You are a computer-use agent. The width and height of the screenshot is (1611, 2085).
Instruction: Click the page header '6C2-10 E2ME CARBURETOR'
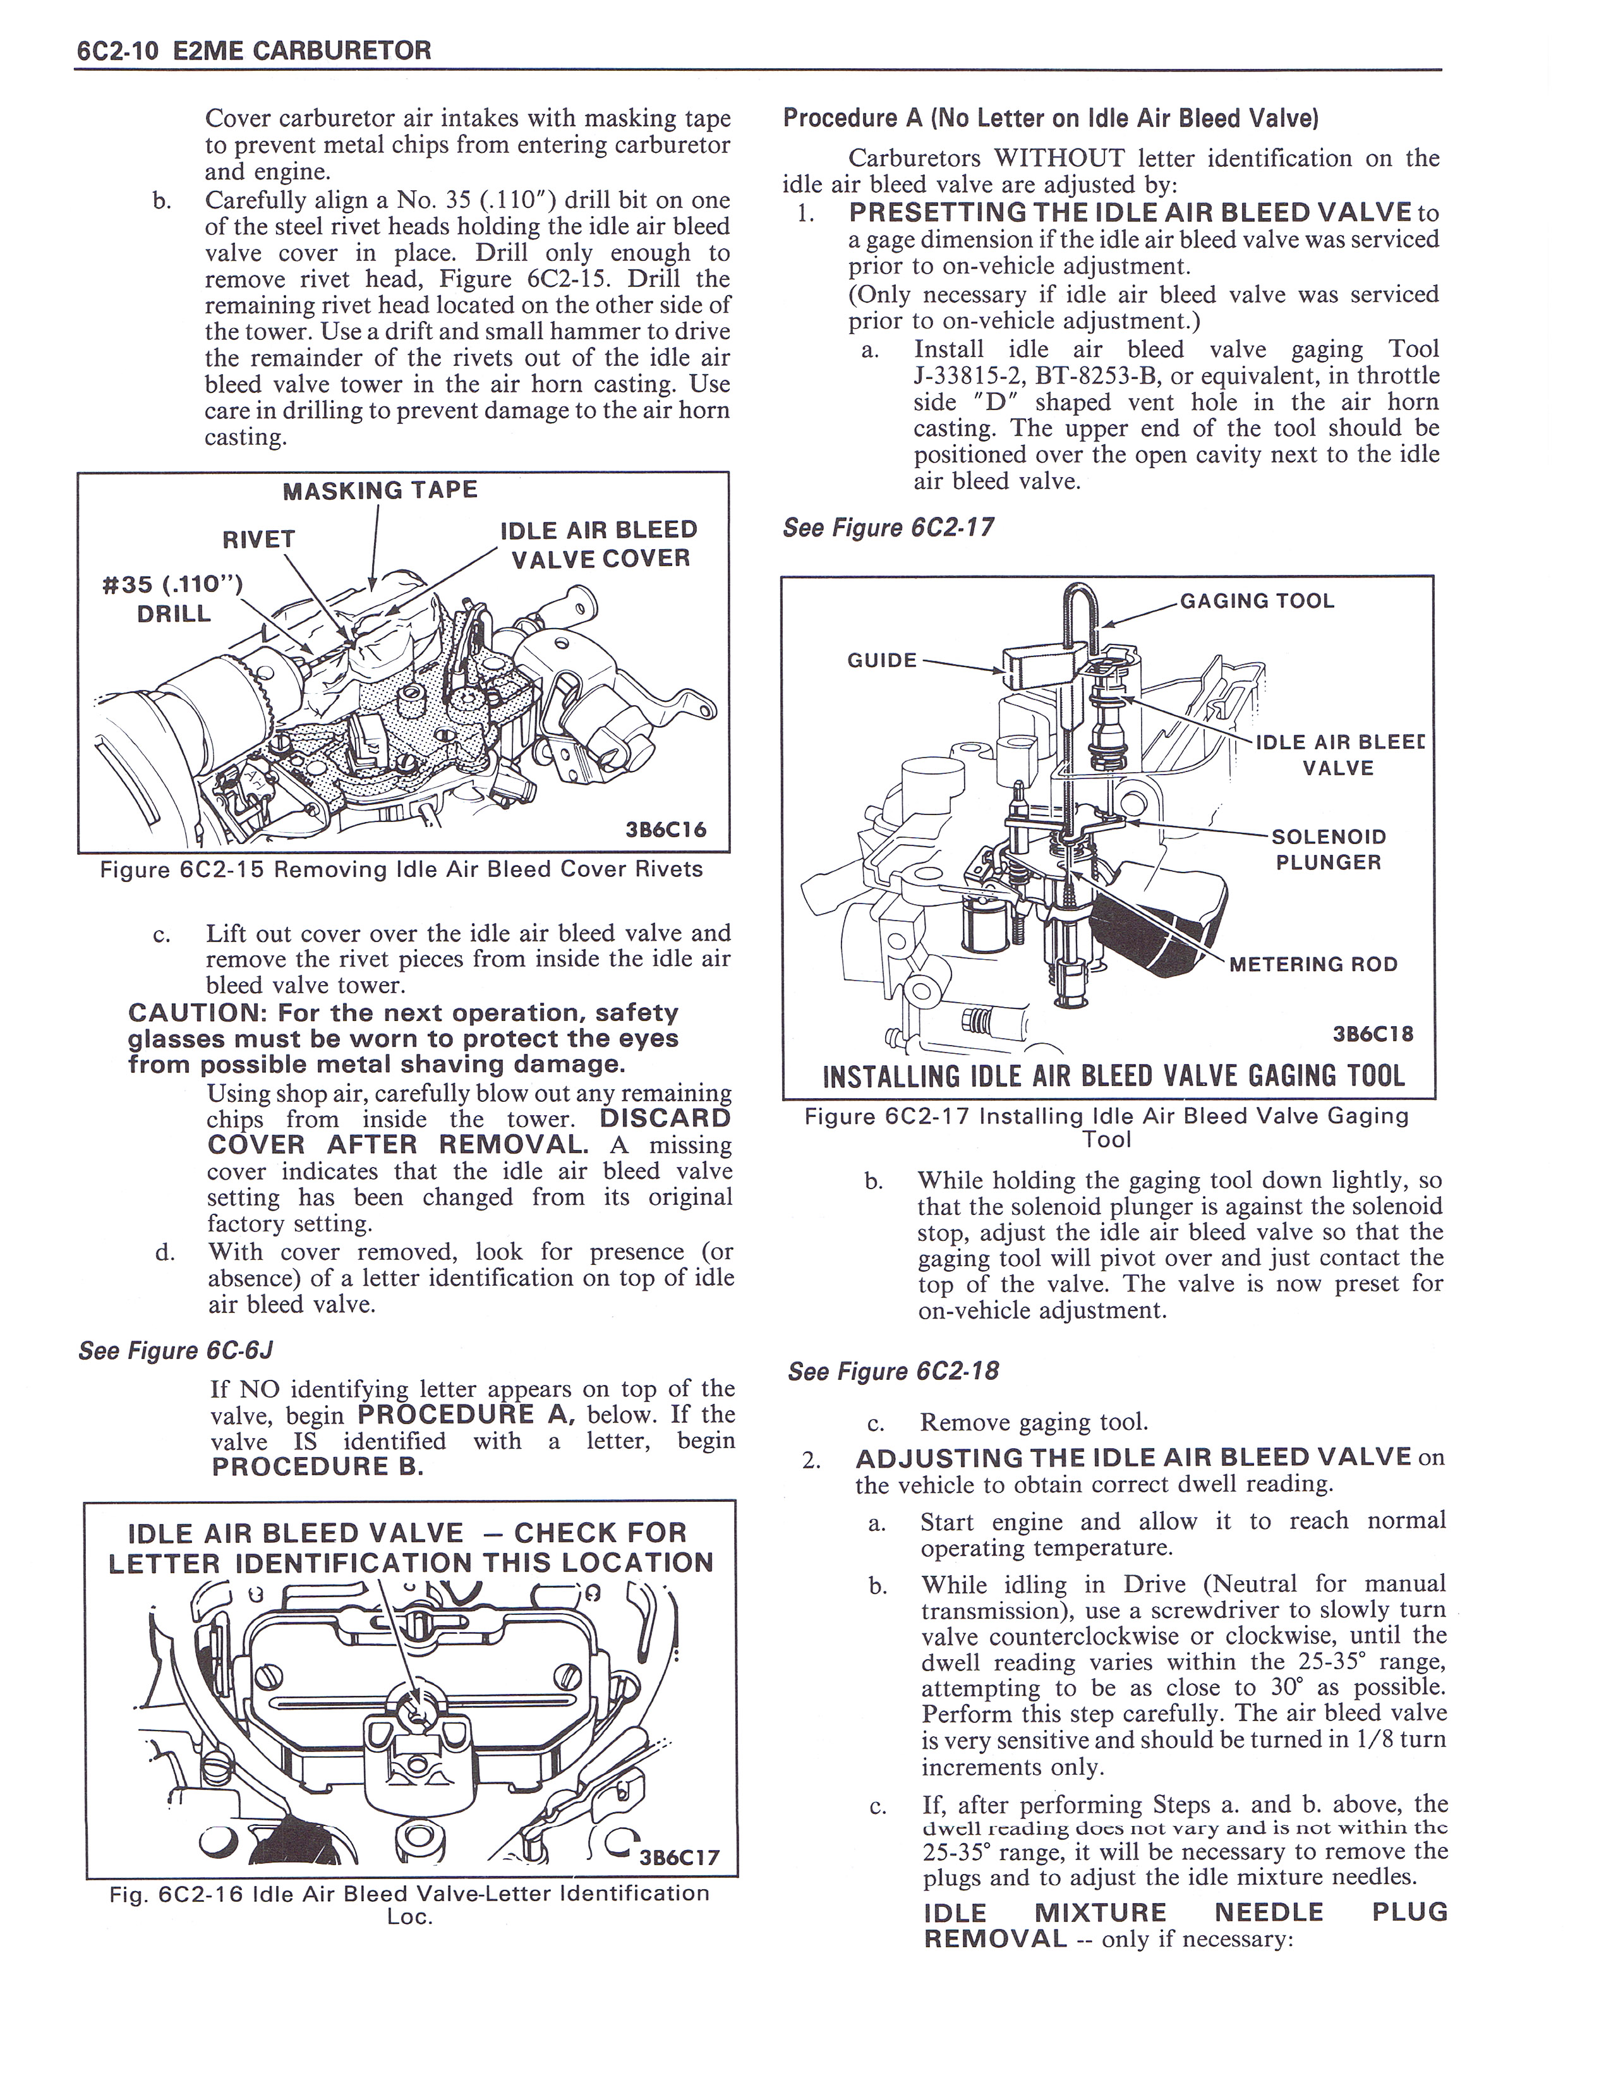pyautogui.click(x=253, y=51)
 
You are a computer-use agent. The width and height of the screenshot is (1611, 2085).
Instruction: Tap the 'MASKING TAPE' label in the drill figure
pyautogui.click(x=380, y=491)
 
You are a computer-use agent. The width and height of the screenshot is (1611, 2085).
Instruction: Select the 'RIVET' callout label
pyautogui.click(x=258, y=540)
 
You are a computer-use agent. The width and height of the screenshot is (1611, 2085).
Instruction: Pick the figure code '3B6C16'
pyautogui.click(x=665, y=830)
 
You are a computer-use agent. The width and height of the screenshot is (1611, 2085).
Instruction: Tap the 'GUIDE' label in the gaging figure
pyautogui.click(x=882, y=660)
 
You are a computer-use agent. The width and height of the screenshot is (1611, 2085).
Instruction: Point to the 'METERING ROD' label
pyautogui.click(x=1313, y=964)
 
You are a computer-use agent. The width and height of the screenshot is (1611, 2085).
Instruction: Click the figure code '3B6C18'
pyautogui.click(x=1372, y=1034)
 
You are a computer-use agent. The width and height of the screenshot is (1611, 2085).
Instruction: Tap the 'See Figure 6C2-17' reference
pyautogui.click(x=888, y=528)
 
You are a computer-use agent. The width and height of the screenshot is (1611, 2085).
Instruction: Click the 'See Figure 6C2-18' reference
pyautogui.click(x=893, y=1372)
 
